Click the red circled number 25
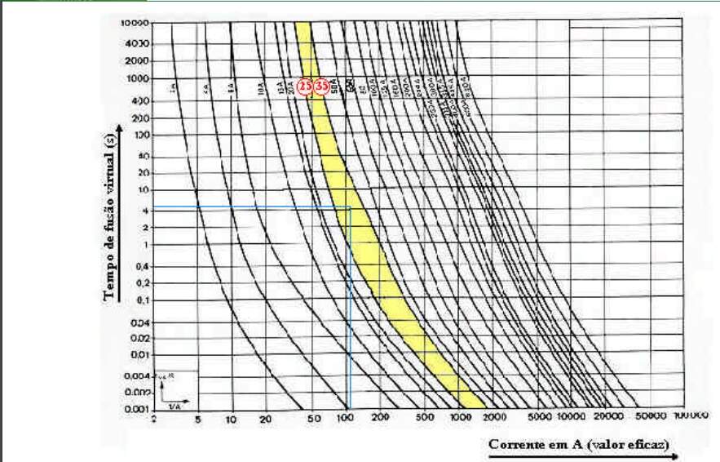(x=305, y=86)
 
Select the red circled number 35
(x=322, y=86)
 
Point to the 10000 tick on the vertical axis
(x=137, y=24)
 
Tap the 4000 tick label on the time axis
(x=137, y=43)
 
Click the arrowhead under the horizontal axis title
(x=674, y=457)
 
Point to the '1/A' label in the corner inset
(x=174, y=406)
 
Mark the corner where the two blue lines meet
(x=349, y=208)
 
